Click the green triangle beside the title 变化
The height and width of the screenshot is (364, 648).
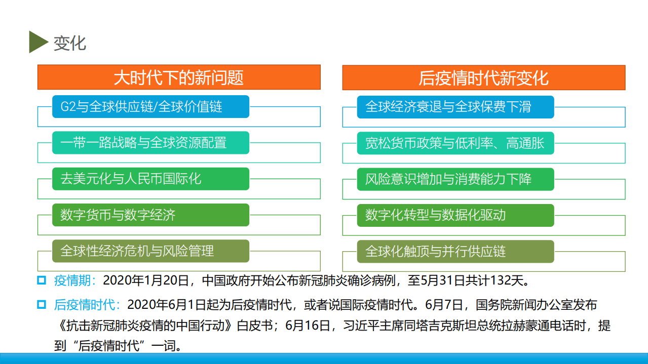point(37,42)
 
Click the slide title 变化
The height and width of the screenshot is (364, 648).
point(70,43)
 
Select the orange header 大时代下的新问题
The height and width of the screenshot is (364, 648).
point(179,77)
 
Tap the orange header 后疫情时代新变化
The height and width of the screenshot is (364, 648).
point(483,77)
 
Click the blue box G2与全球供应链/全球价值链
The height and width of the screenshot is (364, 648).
point(150,107)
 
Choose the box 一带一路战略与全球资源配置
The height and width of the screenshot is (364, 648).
point(150,143)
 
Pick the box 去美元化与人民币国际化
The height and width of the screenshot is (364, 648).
point(150,179)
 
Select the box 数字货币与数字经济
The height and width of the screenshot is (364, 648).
point(150,215)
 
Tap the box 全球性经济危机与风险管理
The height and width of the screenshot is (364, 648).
point(150,251)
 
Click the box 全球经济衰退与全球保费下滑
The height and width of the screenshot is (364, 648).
point(455,107)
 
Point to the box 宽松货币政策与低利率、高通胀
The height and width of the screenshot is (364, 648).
point(455,143)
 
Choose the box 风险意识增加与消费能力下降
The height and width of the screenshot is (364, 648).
point(455,179)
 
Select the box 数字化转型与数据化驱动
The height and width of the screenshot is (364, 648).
point(455,215)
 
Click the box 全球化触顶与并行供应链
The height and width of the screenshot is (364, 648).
point(455,251)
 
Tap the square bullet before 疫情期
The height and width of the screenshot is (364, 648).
point(42,279)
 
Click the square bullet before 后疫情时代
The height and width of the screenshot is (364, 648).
point(42,304)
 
